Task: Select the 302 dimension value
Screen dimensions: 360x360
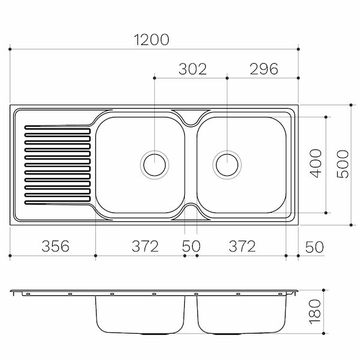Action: [x=193, y=69]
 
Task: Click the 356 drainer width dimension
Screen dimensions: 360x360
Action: [x=55, y=246]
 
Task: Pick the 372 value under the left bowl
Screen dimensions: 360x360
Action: [x=145, y=246]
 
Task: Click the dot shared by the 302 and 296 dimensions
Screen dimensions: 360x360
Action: [x=227, y=78]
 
